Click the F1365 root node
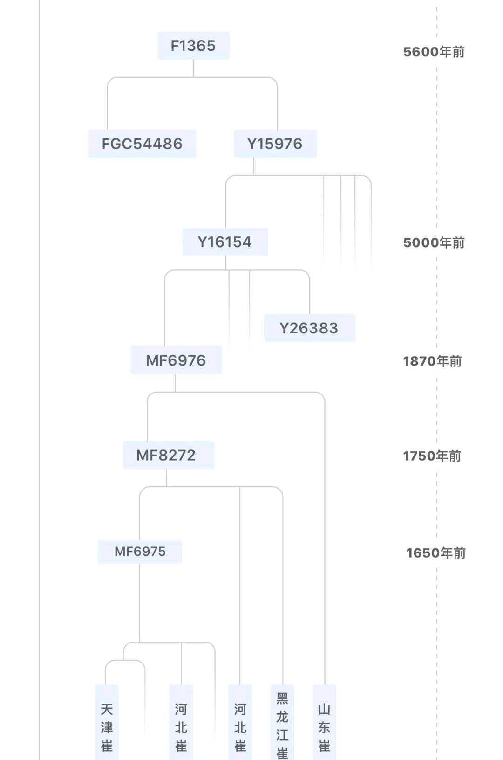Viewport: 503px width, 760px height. pos(193,46)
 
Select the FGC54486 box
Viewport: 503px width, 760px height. pos(143,144)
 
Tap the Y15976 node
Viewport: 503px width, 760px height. pos(275,144)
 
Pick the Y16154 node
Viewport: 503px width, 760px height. pos(225,242)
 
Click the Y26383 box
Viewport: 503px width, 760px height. pos(309,328)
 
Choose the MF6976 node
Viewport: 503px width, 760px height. pos(176,360)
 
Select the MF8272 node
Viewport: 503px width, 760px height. pos(169,456)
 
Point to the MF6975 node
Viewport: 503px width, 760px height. pos(140,552)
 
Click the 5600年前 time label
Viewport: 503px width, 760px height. pos(434,52)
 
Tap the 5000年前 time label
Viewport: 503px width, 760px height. pos(434,242)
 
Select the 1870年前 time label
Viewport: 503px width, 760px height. pos(432,361)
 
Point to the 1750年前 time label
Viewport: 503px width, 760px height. pos(432,456)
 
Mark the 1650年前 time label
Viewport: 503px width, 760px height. pos(436,553)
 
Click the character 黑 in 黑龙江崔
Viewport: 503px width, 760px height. pos(282,698)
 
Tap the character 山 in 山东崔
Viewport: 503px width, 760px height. pos(324,710)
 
